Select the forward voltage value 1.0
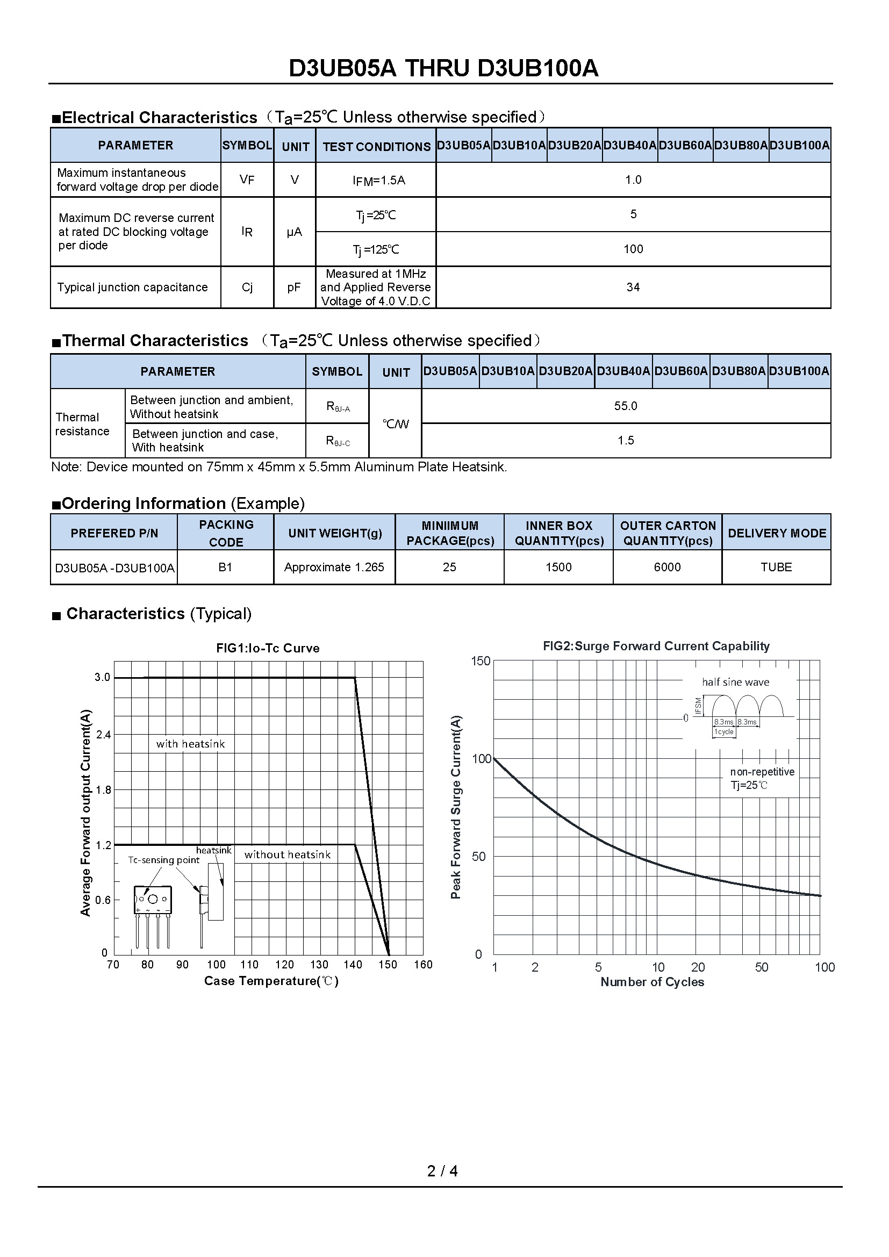pos(633,179)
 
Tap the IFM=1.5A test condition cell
pos(378,180)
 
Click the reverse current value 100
pos(633,249)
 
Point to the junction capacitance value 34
pos(633,287)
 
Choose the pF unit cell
pos(294,288)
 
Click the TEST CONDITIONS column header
pos(377,146)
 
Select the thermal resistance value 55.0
pos(625,406)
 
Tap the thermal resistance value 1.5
pos(625,440)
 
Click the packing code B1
pos(225,567)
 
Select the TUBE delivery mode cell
pos(776,567)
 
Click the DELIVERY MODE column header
pos(776,533)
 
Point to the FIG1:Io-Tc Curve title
pos(268,648)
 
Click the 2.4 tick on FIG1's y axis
pos(103,735)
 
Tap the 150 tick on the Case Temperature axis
pos(388,965)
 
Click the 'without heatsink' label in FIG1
pos(288,854)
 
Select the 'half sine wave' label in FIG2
pos(735,682)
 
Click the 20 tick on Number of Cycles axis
pos(698,967)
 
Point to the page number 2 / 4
pos(442,1170)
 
